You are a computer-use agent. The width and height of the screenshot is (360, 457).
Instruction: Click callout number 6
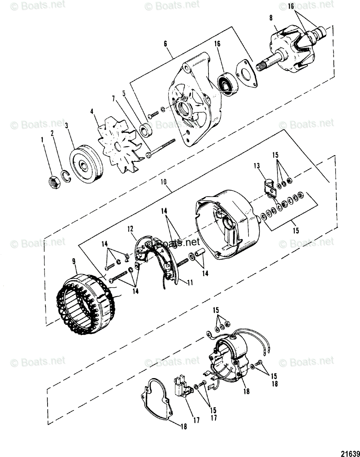click(x=166, y=45)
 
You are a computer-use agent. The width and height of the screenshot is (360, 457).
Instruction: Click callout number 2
click(x=53, y=134)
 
